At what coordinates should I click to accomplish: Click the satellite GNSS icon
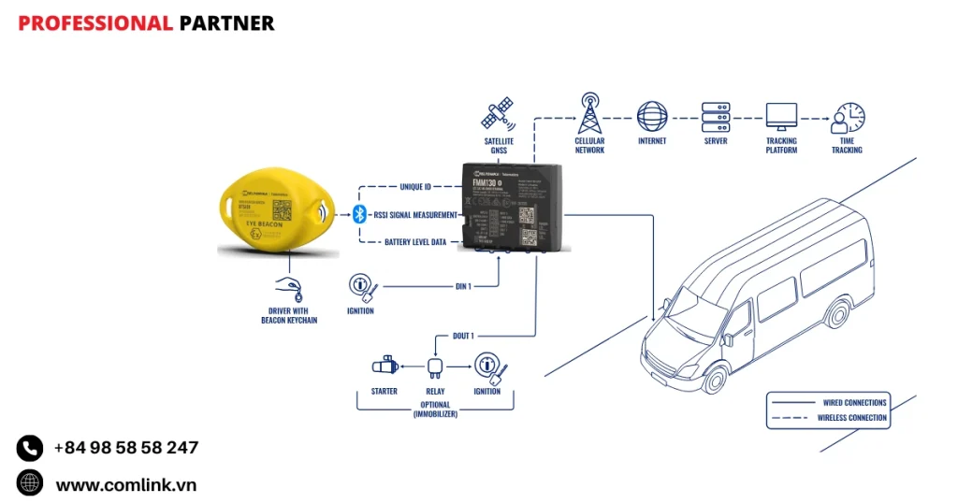click(498, 113)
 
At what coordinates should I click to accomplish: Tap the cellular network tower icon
click(589, 113)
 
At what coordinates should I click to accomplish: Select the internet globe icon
click(652, 117)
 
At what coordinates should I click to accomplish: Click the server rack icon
click(716, 117)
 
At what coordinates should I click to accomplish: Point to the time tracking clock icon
click(848, 118)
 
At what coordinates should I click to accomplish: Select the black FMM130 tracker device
click(511, 206)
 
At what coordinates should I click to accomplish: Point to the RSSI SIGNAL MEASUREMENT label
click(413, 215)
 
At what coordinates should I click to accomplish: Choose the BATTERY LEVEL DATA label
click(415, 242)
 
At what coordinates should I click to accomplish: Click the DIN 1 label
click(463, 286)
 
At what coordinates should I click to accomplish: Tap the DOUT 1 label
click(463, 336)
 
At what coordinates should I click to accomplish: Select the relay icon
click(435, 366)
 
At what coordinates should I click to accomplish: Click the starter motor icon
click(385, 366)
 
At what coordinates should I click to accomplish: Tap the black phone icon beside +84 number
click(30, 448)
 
